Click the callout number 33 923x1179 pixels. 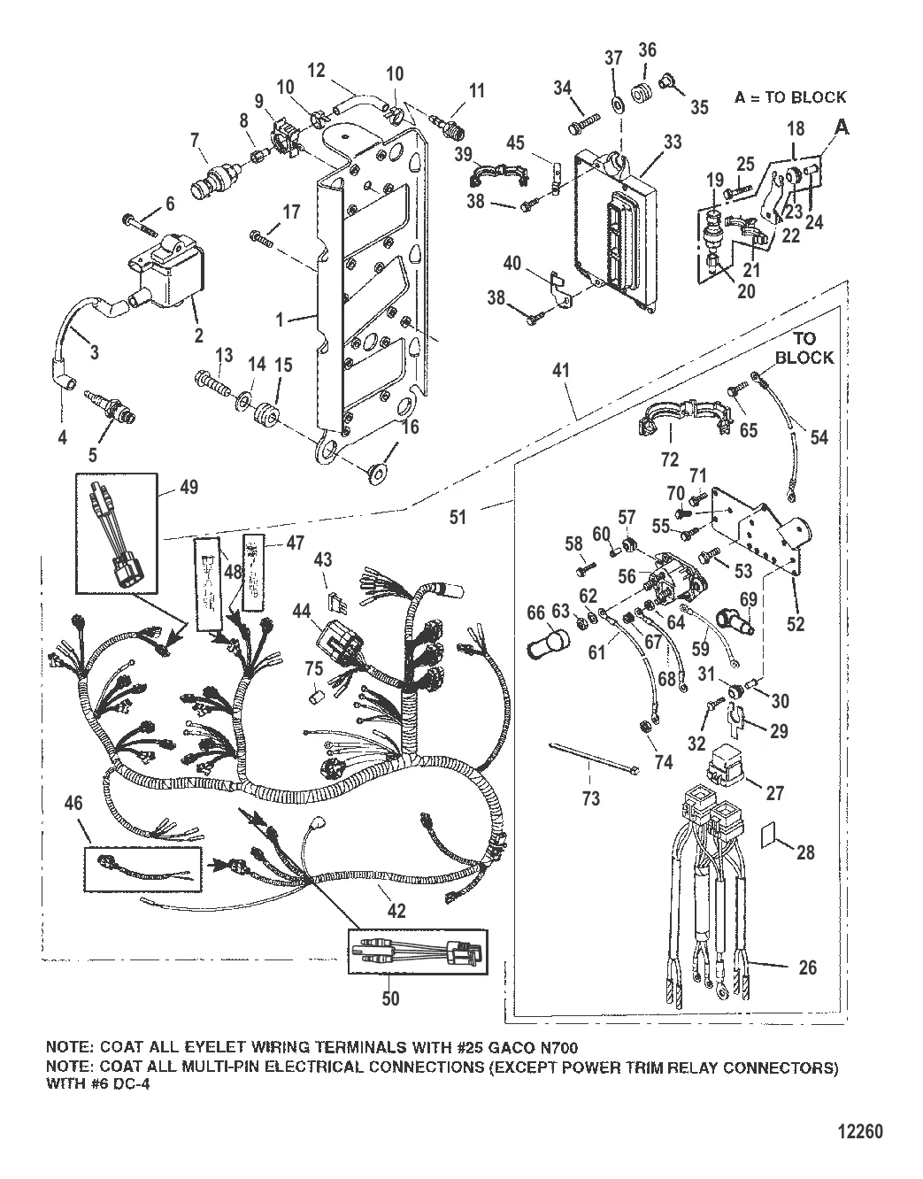tap(673, 141)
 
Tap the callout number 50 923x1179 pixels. tap(390, 999)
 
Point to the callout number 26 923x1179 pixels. tap(807, 968)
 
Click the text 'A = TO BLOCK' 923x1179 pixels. tap(789, 97)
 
